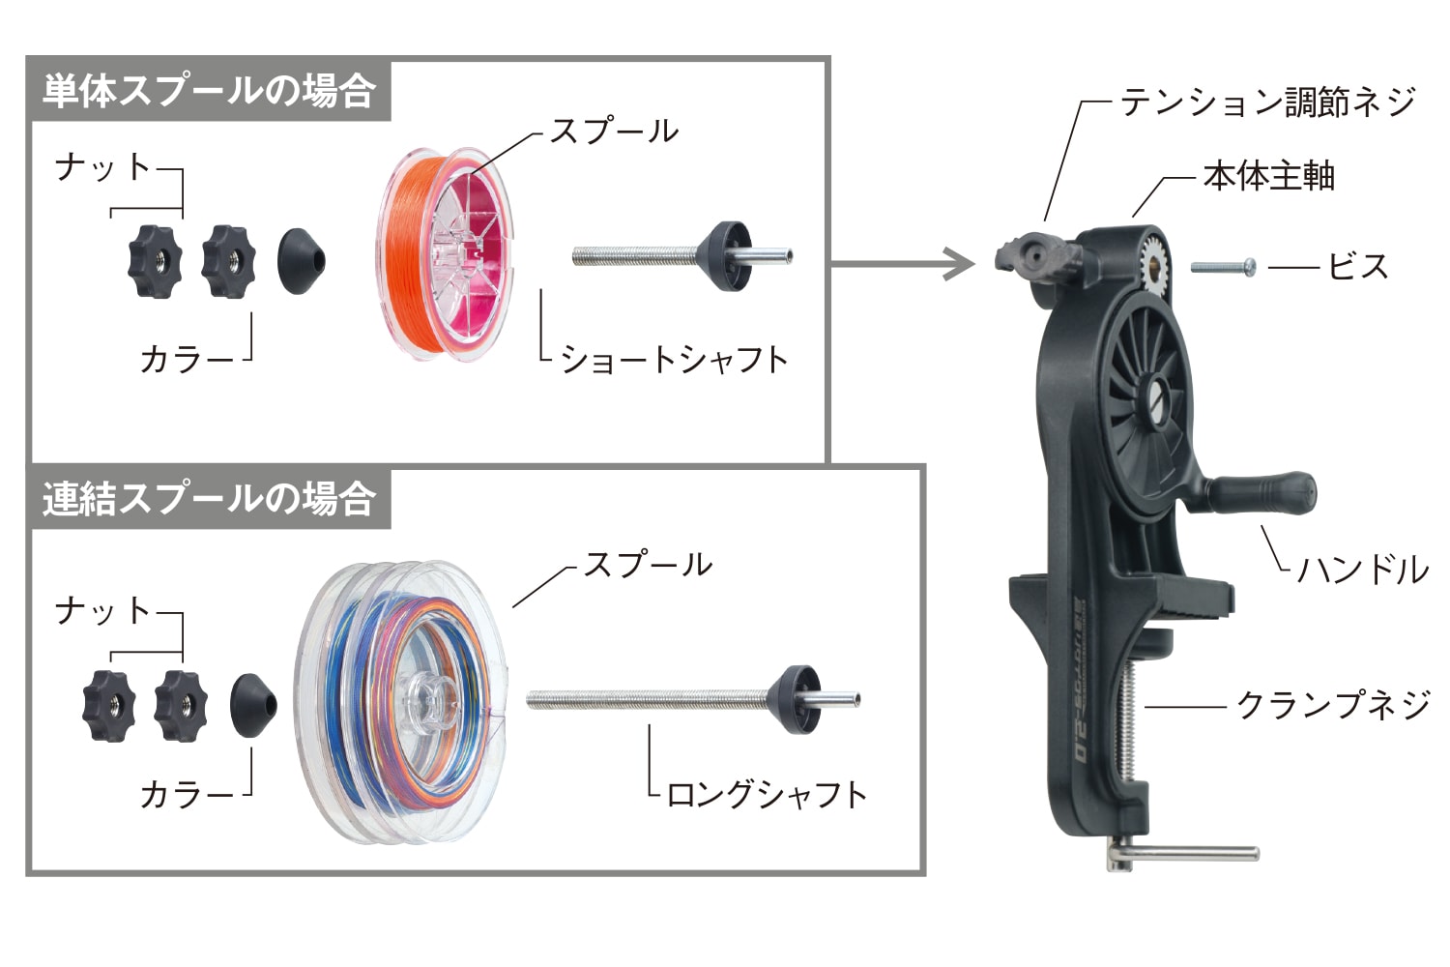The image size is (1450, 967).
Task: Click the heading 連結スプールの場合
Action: [x=209, y=499]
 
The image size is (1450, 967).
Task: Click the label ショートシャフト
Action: [x=674, y=359]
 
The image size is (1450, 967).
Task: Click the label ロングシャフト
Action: [x=766, y=794]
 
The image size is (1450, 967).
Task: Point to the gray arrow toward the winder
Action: [x=904, y=262]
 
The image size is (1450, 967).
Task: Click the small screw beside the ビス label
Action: [x=1224, y=266]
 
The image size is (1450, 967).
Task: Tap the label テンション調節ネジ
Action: [x=1267, y=102]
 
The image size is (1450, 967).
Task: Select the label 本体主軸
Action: [x=1268, y=176]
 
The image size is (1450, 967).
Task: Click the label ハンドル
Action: [x=1362, y=570]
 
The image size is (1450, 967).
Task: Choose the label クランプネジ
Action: [x=1334, y=705]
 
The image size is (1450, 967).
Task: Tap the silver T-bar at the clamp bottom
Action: [x=1189, y=854]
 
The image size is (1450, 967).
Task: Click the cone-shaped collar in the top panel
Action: [x=301, y=260]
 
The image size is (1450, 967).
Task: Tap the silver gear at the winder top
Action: [x=1156, y=260]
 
